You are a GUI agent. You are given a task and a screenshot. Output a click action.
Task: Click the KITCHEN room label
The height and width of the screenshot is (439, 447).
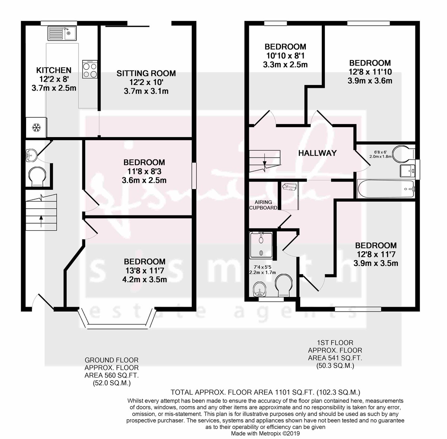click(x=54, y=70)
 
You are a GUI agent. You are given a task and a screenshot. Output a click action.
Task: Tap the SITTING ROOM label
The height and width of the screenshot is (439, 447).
click(x=146, y=73)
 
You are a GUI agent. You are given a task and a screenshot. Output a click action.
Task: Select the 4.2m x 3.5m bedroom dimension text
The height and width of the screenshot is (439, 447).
click(x=145, y=279)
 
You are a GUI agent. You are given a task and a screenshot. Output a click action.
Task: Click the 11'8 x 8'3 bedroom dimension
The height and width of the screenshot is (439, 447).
click(x=144, y=172)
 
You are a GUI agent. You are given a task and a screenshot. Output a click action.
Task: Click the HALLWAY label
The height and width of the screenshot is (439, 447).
click(x=317, y=153)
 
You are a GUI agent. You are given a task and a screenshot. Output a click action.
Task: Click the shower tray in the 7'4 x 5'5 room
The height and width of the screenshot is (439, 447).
click(x=262, y=245)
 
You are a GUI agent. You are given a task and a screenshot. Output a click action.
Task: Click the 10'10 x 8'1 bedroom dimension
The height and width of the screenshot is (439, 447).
click(x=285, y=56)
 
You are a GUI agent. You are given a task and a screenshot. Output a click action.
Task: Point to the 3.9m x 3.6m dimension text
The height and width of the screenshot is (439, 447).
click(x=370, y=80)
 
